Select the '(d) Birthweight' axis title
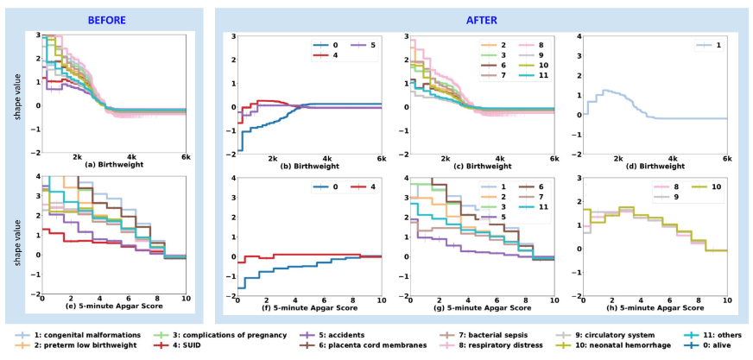[x=654, y=164]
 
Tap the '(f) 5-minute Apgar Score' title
[x=308, y=306]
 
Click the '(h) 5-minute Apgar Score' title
[x=654, y=306]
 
